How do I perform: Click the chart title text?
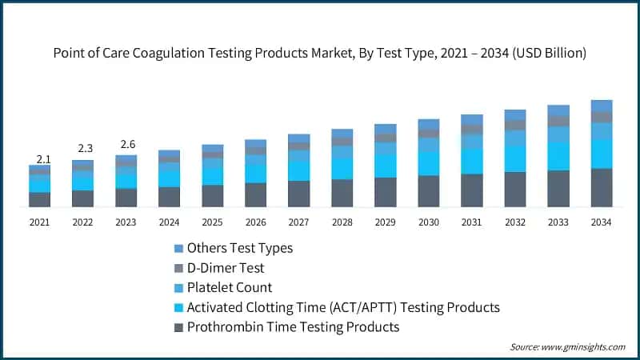tap(320, 54)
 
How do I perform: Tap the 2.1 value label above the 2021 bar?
tap(39, 158)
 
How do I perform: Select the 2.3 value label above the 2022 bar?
tap(82, 149)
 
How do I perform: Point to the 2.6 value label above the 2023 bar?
tap(126, 144)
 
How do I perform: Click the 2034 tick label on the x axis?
tap(601, 223)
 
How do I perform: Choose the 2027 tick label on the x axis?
tap(298, 223)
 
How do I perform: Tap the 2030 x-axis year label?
tap(428, 223)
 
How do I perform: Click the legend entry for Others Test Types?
tap(239, 248)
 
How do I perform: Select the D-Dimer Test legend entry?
tap(225, 268)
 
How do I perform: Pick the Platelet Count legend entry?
tap(229, 287)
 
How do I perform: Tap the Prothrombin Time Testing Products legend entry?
tap(292, 327)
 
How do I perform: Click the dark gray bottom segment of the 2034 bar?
tap(601, 188)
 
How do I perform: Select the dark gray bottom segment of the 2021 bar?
tap(39, 199)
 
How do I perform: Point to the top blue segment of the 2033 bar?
tap(558, 110)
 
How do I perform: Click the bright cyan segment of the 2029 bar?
tap(385, 166)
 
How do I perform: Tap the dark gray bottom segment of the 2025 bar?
tap(212, 196)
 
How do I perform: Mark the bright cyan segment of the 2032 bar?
tap(514, 158)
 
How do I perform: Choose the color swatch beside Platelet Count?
tap(178, 288)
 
